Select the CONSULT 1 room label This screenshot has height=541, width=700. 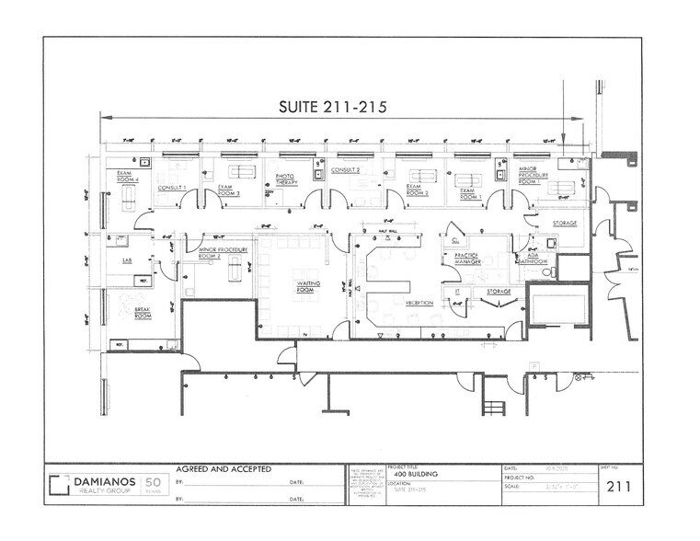click(172, 188)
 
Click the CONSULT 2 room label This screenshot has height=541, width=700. click(345, 171)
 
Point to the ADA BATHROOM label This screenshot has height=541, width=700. click(534, 259)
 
